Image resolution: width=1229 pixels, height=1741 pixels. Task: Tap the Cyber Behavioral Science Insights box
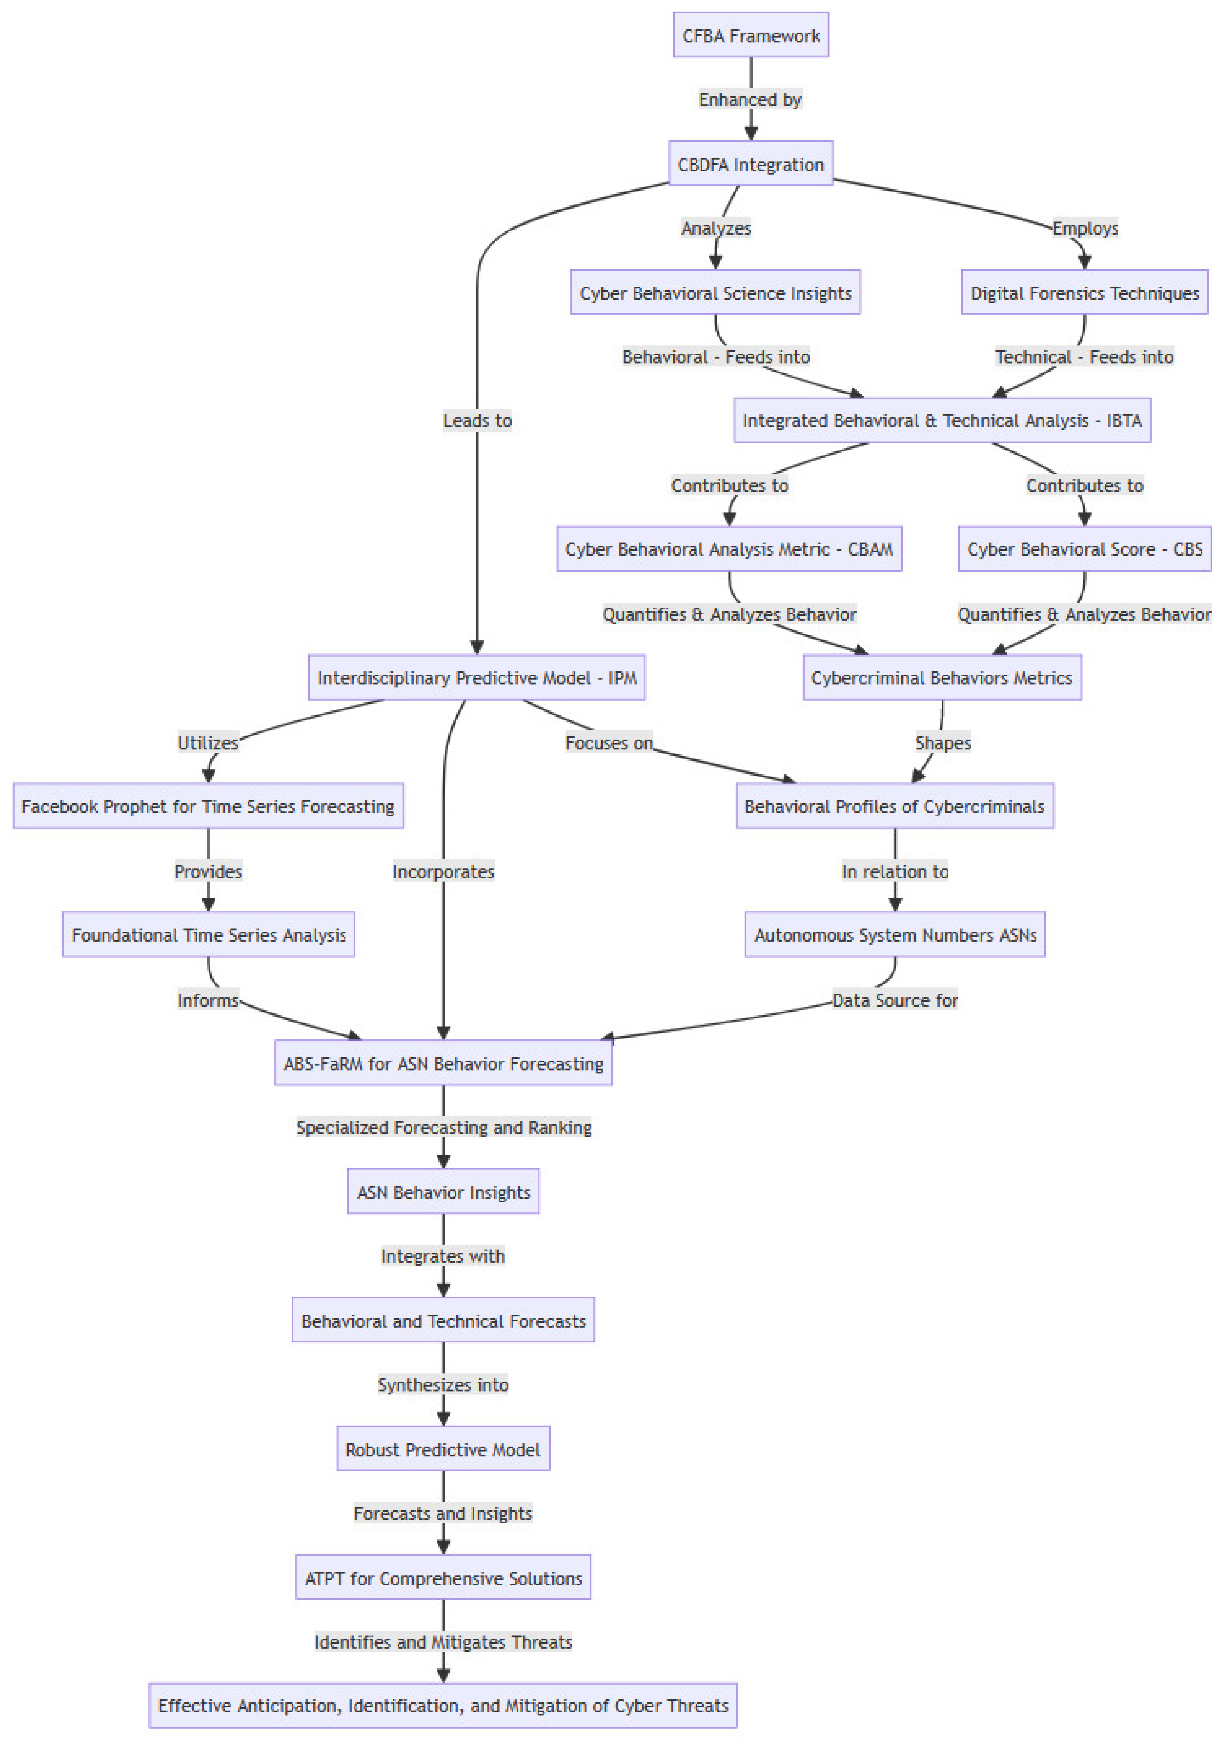tap(715, 293)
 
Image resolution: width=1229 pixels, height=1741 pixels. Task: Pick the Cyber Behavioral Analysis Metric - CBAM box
tap(728, 549)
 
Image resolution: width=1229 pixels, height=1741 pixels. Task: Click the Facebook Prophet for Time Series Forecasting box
tap(208, 806)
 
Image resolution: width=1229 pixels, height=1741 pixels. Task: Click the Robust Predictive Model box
tap(443, 1449)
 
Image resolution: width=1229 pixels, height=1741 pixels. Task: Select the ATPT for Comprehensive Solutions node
tap(443, 1578)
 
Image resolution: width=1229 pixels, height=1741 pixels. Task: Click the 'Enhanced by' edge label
tap(750, 99)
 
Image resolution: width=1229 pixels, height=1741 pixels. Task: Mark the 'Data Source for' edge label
tap(895, 1000)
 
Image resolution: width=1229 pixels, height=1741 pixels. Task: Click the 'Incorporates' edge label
tap(443, 871)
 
